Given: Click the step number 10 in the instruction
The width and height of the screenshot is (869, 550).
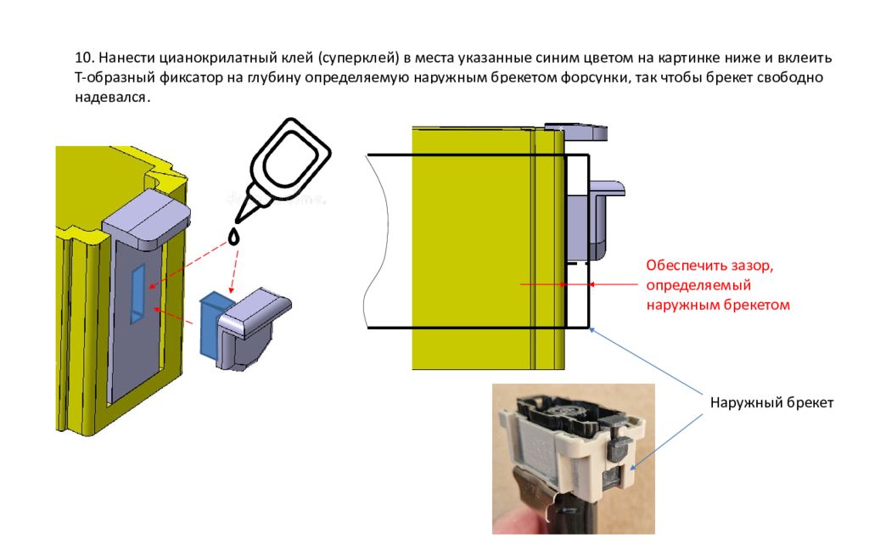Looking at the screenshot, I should [83, 59].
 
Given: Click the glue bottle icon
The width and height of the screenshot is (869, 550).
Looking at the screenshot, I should [286, 166].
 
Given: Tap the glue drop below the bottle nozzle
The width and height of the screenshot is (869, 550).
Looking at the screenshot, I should [235, 234].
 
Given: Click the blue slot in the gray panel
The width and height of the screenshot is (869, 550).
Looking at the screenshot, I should [137, 292].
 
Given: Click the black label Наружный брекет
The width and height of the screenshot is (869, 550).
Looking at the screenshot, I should [771, 402].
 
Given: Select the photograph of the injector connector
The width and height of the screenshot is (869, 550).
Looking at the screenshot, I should [574, 458].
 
